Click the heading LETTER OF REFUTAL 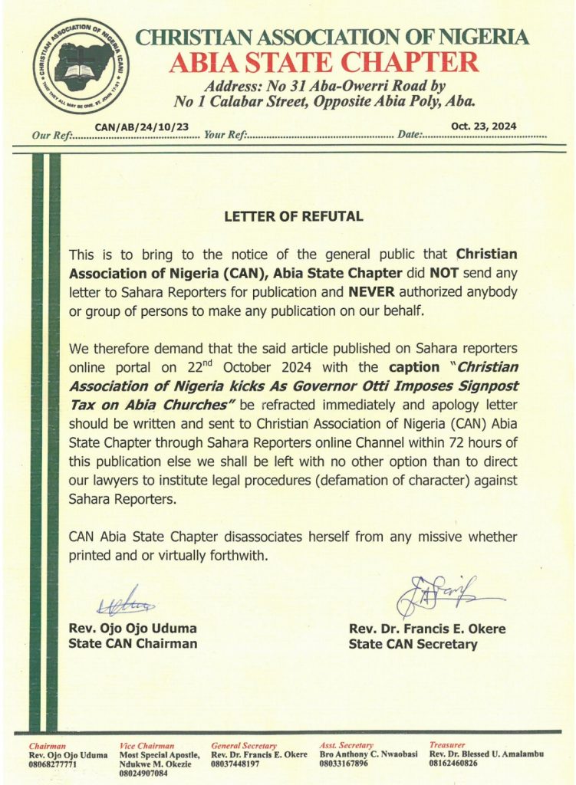pos(293,217)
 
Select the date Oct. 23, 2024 pos(483,126)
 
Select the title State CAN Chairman pos(133,644)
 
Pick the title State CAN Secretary pos(413,644)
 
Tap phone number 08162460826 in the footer pos(458,764)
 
